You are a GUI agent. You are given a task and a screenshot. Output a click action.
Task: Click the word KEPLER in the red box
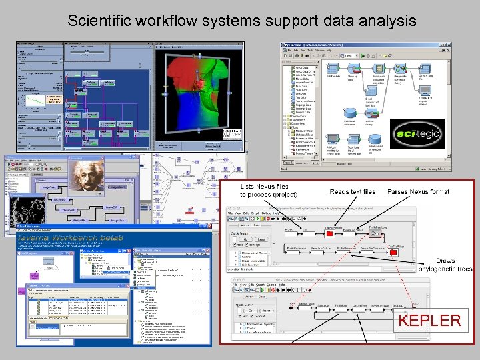(x=429, y=320)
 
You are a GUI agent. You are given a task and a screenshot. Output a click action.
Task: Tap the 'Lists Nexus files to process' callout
(x=269, y=191)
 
